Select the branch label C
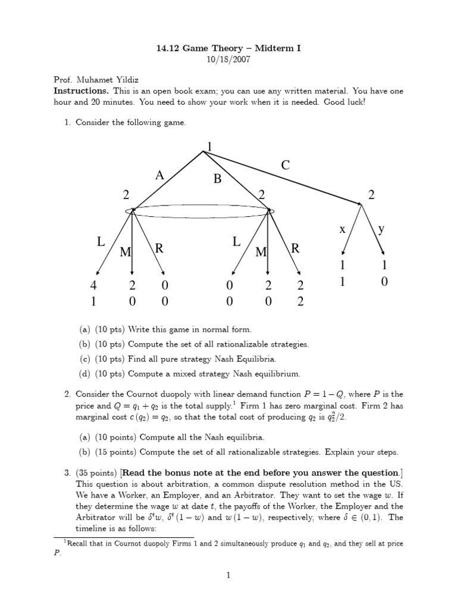point(286,166)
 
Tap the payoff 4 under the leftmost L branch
point(93,286)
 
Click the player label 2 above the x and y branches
point(372,195)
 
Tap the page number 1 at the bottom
point(228,575)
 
